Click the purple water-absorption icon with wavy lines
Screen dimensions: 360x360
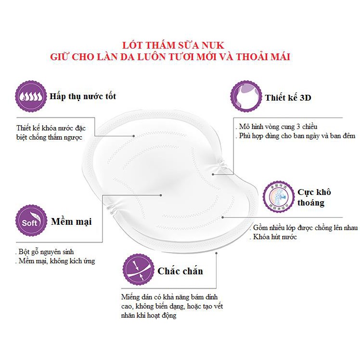32,96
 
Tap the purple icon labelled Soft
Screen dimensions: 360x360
32,221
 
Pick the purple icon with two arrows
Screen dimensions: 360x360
138,270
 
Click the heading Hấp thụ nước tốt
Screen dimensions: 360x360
83,96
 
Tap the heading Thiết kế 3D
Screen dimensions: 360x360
288,98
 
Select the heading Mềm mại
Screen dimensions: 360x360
71,222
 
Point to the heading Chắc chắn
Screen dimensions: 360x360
180,271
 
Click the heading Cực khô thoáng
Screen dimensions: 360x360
314,197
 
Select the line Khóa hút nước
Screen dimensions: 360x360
273,237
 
